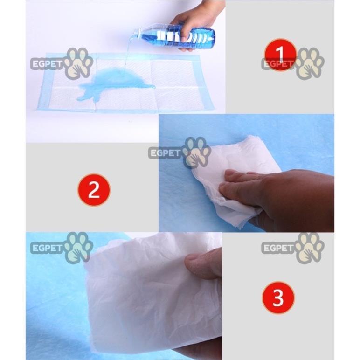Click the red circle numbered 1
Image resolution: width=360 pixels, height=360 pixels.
coord(280,55)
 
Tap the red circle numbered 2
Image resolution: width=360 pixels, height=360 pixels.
coord(94,190)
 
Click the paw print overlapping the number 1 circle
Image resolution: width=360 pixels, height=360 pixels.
coord(309,63)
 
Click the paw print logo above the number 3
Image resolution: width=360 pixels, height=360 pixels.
coord(309,248)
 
